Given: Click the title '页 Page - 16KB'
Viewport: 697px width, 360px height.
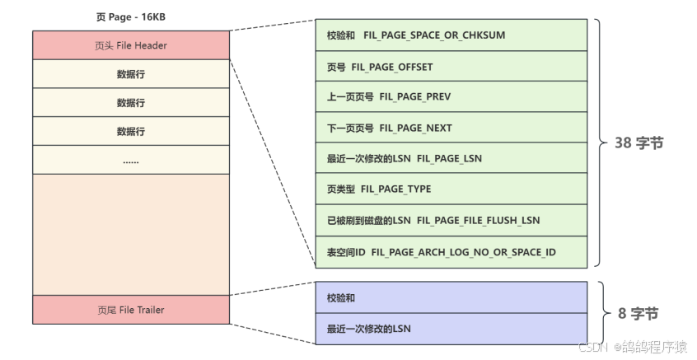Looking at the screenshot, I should pos(131,16).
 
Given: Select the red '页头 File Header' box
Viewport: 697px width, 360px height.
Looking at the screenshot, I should pos(131,45).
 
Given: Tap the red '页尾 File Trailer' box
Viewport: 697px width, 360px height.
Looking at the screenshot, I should pos(131,310).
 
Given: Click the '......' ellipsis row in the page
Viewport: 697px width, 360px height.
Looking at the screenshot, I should pos(131,161).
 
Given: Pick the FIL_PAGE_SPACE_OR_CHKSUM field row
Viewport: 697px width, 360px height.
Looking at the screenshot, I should pos(451,35).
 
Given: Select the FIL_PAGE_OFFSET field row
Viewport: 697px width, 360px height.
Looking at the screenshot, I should pos(451,66).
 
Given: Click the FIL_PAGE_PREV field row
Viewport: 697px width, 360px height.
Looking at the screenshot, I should pos(451,97).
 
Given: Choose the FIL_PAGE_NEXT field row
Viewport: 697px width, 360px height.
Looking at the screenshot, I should pos(451,128).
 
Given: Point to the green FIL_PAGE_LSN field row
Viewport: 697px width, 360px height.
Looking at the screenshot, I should pos(451,159).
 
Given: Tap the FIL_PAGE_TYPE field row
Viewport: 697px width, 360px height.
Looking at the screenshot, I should pos(451,189).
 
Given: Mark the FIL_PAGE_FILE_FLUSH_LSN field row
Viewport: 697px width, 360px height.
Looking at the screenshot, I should pos(451,221).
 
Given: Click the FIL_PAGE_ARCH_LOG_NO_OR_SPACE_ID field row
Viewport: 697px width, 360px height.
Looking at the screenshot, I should pos(451,251).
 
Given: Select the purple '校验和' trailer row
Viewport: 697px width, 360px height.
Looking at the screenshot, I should pos(451,297).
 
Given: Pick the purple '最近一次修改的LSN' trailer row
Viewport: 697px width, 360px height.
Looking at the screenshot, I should pos(451,329).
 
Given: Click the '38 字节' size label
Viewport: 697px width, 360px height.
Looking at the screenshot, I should pos(639,143).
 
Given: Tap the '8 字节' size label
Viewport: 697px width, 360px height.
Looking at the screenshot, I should pos(638,314).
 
